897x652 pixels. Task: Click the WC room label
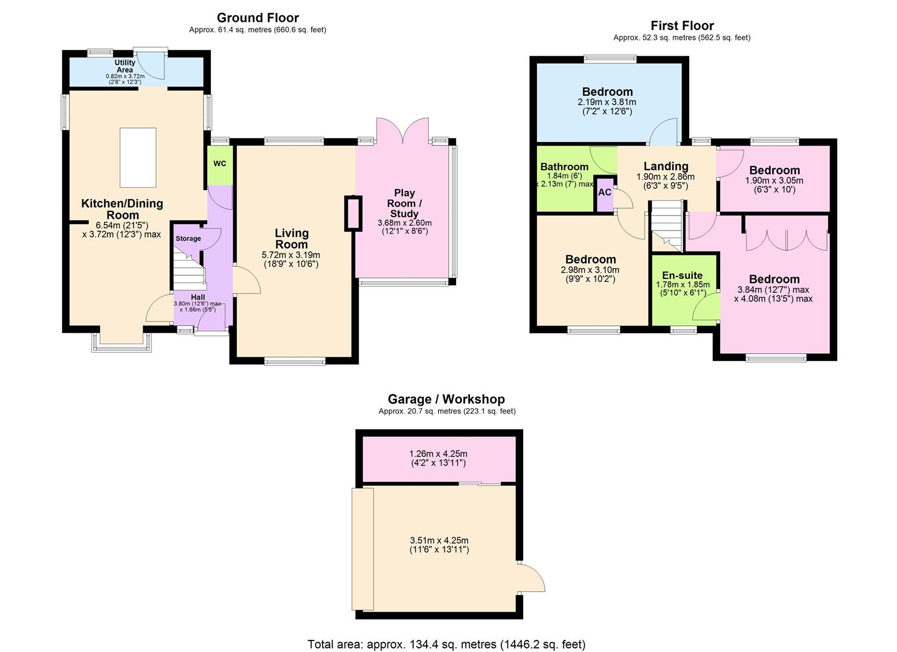219,164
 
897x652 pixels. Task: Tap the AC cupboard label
605,193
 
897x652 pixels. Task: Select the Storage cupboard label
188,238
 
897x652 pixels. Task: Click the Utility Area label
125,66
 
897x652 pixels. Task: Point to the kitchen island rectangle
138,158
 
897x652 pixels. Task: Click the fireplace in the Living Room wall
353,213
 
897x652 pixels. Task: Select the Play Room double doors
403,130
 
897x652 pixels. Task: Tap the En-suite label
682,275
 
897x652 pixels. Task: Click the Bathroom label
564,167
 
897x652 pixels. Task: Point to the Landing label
666,166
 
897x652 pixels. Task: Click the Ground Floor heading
258,18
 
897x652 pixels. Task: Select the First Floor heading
682,25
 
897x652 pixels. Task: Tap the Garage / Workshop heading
446,399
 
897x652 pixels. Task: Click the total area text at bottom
446,644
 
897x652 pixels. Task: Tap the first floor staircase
667,226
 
